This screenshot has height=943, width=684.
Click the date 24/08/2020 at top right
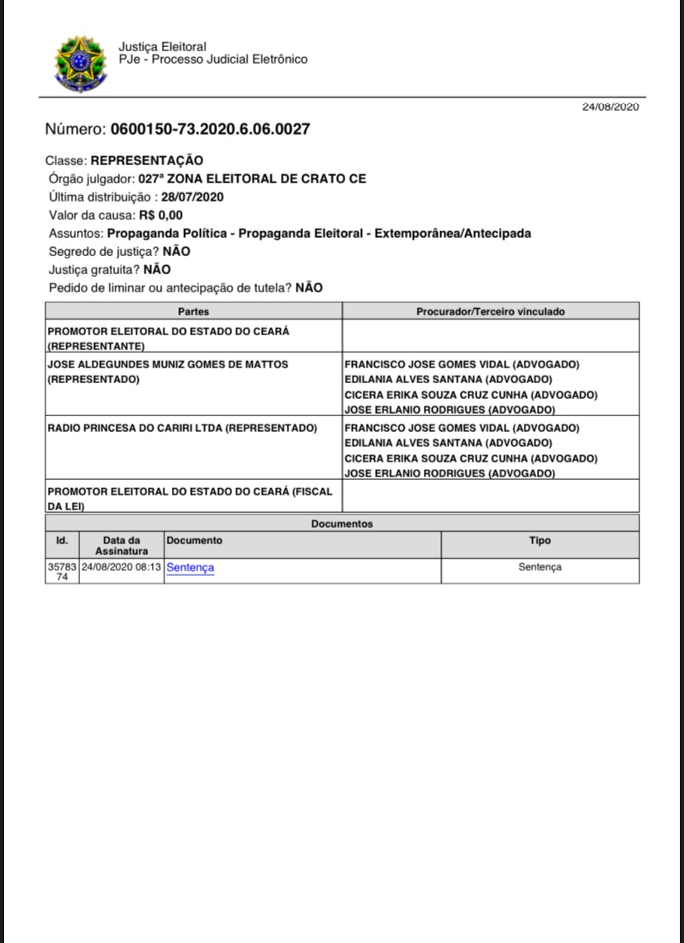coord(610,107)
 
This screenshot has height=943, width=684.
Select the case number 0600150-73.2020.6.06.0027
coord(211,130)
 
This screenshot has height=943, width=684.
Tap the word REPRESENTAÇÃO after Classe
coord(146,161)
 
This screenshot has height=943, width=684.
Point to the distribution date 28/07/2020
coord(192,197)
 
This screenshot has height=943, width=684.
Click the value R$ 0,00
coord(161,216)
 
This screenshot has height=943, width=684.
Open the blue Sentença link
coord(190,567)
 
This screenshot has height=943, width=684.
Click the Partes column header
coord(193,311)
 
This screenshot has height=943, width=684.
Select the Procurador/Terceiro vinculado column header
coord(490,311)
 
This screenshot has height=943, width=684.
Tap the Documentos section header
coord(342,524)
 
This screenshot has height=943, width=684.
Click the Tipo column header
coord(539,541)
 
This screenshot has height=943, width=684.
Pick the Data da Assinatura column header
coord(121,545)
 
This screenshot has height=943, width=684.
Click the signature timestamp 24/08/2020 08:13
coord(121,567)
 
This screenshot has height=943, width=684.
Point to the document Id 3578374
coord(62,571)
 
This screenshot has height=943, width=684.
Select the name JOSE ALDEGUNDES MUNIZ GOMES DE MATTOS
coord(169,363)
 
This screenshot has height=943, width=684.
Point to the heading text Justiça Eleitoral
coord(162,47)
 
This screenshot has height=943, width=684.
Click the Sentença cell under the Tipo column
coord(539,567)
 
